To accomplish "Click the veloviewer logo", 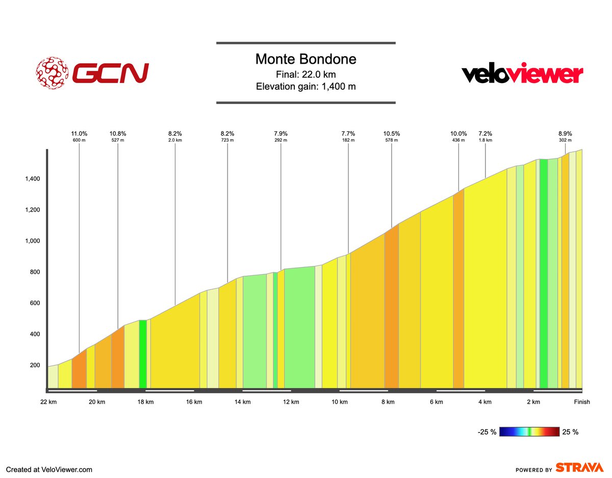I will click(x=522, y=75).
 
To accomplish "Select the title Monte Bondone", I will click(x=305, y=59).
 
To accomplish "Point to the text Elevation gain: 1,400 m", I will click(x=305, y=86).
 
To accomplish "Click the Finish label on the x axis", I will click(x=581, y=402).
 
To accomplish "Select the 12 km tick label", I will click(x=291, y=402).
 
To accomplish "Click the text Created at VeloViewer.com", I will click(x=49, y=469).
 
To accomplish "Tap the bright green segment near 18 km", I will click(x=143, y=354).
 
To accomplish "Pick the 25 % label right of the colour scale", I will click(x=571, y=432).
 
